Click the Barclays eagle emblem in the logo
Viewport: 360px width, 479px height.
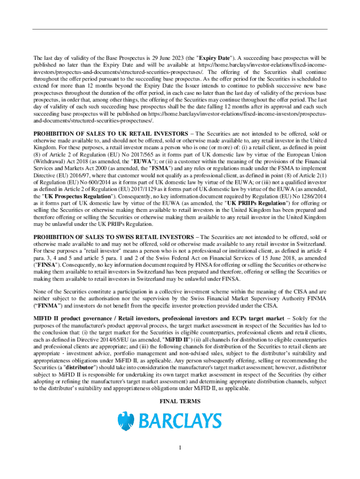tap(126, 421)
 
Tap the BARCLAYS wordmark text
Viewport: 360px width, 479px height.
tap(179, 421)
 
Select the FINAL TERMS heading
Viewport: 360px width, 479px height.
tap(180, 401)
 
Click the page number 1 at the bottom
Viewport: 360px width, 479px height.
tap(180, 448)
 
